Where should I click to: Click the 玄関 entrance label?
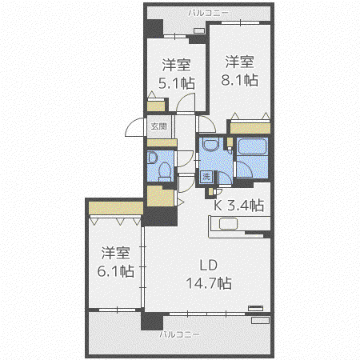point(159,126)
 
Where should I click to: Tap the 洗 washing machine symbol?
point(206,176)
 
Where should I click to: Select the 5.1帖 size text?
point(177,83)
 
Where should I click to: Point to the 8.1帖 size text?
point(239,80)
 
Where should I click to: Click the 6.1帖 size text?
point(115,271)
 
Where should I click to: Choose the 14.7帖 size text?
point(209,283)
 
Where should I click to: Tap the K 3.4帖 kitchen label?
point(239,206)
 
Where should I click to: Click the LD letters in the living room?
point(209,265)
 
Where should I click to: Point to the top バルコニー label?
point(209,13)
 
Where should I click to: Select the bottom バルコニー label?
point(179,334)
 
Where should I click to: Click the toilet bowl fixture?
point(165,170)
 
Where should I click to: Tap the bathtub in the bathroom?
point(252,146)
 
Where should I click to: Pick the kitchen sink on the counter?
point(228,224)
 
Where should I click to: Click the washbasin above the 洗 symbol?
point(210,144)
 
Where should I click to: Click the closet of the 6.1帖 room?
point(116,208)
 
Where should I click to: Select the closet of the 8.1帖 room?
point(250,128)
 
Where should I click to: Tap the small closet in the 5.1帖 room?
point(156,106)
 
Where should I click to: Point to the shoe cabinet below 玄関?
point(162,143)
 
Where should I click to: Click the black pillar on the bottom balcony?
point(152,321)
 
